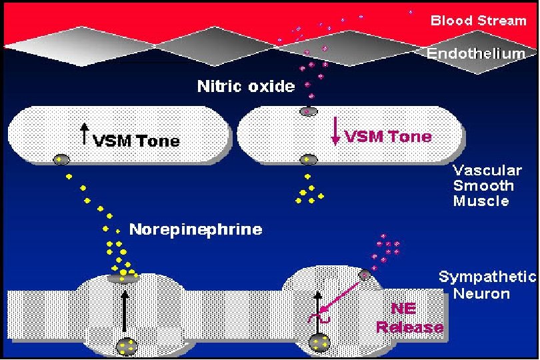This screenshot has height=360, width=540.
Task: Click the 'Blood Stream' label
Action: [478, 21]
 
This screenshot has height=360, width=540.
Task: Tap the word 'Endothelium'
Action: [472, 53]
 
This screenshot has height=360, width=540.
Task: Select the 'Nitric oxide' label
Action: [245, 87]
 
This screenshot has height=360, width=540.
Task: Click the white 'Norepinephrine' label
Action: [195, 230]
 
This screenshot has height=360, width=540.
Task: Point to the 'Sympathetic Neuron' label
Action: [487, 285]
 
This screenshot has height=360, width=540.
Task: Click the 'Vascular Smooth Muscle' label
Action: [483, 185]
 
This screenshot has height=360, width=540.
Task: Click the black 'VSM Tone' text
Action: [136, 141]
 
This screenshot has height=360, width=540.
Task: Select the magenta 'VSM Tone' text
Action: [387, 137]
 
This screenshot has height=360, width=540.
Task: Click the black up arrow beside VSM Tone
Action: [84, 135]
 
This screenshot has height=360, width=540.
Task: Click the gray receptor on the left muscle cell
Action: [61, 159]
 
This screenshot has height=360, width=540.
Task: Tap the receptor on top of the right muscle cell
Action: [308, 112]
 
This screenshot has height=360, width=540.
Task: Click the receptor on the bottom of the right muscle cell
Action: [308, 159]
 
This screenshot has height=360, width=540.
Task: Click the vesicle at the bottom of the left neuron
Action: [125, 347]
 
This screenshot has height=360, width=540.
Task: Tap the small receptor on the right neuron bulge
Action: [365, 274]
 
